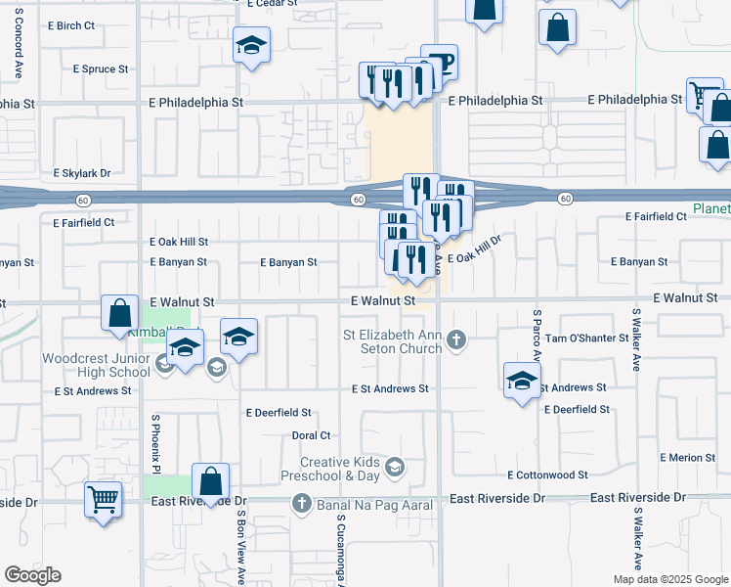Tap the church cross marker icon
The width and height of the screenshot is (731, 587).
(x=455, y=340)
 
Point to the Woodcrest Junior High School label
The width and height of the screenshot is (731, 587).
(x=96, y=366)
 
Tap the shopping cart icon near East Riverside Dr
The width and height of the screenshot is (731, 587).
(x=103, y=500)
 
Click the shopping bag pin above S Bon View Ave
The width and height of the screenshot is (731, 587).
(x=210, y=481)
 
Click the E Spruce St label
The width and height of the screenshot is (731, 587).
(x=101, y=69)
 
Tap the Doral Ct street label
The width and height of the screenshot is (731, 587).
(x=312, y=435)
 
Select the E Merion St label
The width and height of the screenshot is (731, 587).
(x=688, y=458)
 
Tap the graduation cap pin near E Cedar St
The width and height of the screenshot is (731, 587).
(x=251, y=45)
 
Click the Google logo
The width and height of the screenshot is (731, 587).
(x=32, y=575)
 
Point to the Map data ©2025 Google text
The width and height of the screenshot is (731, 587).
(x=669, y=579)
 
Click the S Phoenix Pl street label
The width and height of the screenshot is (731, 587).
(x=154, y=446)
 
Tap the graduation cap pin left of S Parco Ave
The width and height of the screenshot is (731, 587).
(x=522, y=380)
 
